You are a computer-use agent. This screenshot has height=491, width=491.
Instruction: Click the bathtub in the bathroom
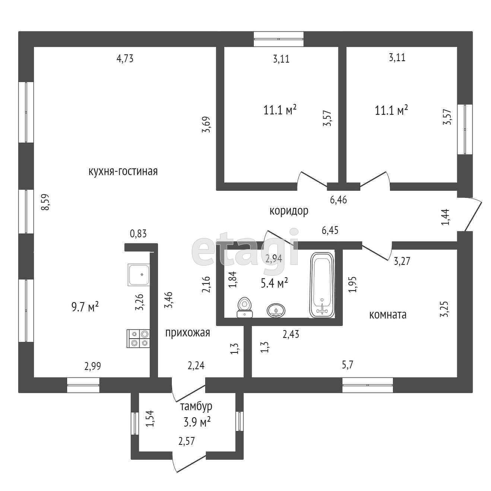coord(322,285)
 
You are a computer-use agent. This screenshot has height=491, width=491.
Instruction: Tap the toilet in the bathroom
coord(244,308)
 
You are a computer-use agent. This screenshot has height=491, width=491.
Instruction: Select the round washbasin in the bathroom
coord(276,310)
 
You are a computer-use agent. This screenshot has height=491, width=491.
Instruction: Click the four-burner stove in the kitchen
coord(139,339)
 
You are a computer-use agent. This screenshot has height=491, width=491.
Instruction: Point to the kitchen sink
coord(139,275)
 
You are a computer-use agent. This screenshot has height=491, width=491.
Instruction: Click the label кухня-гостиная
coord(123,171)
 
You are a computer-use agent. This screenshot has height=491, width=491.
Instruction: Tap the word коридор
coord(289,211)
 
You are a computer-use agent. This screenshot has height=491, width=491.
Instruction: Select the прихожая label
coord(187,333)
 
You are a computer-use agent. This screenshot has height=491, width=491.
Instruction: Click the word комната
coord(387,315)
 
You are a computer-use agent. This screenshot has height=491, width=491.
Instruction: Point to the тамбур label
coord(196,406)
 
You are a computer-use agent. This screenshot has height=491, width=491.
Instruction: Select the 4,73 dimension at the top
coord(125,58)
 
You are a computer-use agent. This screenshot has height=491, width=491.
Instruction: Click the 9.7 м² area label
coord(85,307)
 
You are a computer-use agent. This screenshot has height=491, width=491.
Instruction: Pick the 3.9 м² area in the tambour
coord(197,422)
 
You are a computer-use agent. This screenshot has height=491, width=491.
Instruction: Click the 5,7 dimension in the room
coord(347,365)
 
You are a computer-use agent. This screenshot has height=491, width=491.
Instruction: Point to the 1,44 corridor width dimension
coord(446,217)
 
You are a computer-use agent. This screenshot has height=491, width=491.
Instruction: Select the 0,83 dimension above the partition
coord(138,234)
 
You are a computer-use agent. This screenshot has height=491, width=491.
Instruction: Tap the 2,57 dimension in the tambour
coord(186,441)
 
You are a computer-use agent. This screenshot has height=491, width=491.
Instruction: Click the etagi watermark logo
coord(246,248)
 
